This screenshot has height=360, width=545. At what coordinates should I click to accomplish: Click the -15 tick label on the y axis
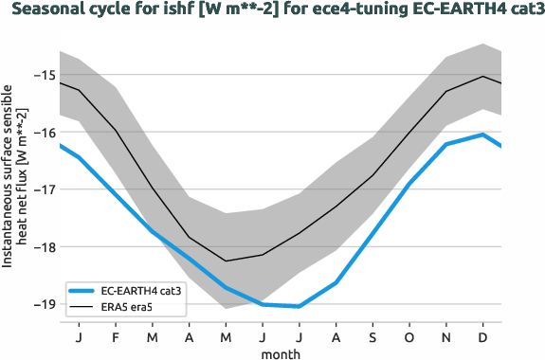coord(44,75)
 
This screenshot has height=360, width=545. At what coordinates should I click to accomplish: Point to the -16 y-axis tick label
coord(44,133)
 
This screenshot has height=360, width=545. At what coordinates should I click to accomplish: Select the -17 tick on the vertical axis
coord(44,189)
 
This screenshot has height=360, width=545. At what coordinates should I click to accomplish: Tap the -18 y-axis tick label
coord(44,247)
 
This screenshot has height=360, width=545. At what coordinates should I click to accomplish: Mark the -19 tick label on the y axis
coord(44,304)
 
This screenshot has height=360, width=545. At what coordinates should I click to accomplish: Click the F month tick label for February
coord(116,336)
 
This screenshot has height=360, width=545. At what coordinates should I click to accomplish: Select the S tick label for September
coord(372,336)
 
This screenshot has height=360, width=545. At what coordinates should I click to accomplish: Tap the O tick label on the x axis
coord(409,336)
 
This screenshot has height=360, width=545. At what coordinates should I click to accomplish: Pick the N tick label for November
coord(446,336)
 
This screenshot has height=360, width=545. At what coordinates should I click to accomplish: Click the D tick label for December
coord(483,336)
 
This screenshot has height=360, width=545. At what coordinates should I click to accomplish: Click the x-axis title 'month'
coord(281,352)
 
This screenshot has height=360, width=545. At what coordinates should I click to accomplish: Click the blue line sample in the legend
coord(82,291)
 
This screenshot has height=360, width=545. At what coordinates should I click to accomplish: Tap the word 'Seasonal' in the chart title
coord(44,12)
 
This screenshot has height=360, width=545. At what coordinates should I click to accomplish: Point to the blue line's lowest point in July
coord(300,306)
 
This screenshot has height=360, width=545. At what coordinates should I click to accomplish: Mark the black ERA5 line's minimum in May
coord(226,261)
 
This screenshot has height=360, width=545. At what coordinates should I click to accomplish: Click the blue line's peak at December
coord(483,135)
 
